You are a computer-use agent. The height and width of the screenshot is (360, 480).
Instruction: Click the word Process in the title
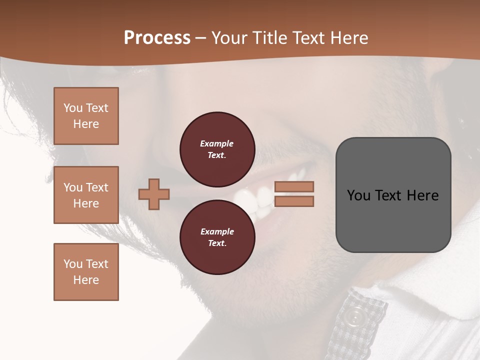[157, 38]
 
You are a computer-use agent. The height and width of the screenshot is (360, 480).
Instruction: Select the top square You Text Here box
[86, 116]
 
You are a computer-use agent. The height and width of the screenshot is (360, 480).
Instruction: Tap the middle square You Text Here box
[86, 195]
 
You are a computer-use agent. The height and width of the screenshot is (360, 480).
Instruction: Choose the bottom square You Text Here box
[86, 272]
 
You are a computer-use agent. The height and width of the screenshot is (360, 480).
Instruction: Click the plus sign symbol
[154, 194]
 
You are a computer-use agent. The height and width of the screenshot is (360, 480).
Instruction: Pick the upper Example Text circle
[217, 149]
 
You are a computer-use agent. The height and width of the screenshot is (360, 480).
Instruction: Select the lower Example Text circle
[217, 237]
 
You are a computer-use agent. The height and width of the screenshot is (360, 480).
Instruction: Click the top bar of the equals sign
[294, 187]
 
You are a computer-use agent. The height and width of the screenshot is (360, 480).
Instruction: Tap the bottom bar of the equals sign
[294, 201]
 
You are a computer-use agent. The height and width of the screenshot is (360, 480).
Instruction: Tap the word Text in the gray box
[393, 195]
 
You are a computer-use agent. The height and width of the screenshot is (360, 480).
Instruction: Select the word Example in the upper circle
[217, 143]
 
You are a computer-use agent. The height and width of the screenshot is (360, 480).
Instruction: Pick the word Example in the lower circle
[217, 231]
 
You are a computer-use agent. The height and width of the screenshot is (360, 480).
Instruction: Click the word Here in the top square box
[86, 124]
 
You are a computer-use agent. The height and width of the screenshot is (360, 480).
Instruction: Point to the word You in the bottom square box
[72, 264]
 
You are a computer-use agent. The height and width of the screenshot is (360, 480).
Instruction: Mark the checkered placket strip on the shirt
[360, 325]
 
